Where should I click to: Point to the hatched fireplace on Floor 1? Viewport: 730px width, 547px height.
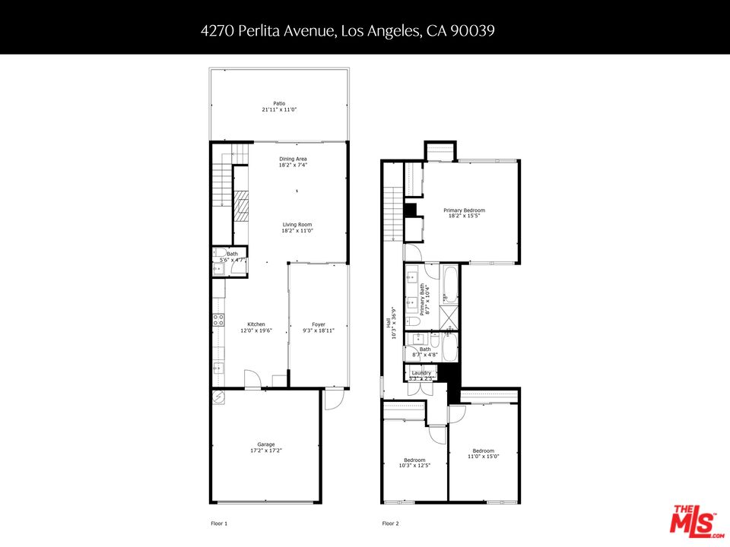click(241, 205)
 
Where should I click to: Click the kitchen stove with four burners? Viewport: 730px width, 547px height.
click(217, 320)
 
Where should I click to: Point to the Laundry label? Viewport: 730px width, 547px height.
click(421, 373)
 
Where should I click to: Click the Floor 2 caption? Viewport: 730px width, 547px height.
click(390, 523)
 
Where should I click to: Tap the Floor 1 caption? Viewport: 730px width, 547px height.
click(219, 523)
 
